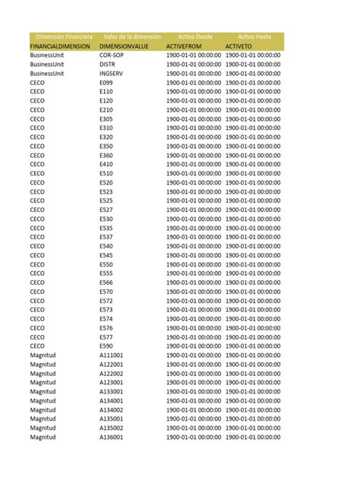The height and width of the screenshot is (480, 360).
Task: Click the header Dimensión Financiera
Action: point(64,36)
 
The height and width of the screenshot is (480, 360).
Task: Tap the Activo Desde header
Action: point(195,36)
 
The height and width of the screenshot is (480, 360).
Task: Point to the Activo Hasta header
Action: point(254,36)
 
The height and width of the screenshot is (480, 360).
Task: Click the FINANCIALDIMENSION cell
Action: point(61,46)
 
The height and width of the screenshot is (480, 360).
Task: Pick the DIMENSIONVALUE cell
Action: point(124,46)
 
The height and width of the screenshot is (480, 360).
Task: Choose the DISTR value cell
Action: point(108,65)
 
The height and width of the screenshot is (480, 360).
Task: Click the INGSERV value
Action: point(112,74)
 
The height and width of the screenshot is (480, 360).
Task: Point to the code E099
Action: point(106,83)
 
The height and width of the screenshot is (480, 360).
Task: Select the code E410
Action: point(106,164)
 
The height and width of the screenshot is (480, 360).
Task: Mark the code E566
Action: point(106,283)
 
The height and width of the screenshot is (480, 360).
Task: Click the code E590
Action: point(106,346)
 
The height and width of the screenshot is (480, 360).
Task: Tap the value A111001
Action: point(112,355)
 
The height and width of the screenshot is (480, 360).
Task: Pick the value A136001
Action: point(112,437)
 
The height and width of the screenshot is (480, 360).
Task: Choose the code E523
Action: point(106,191)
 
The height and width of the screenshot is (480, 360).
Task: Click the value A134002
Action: point(112,409)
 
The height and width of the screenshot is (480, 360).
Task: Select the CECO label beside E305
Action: point(37,119)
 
